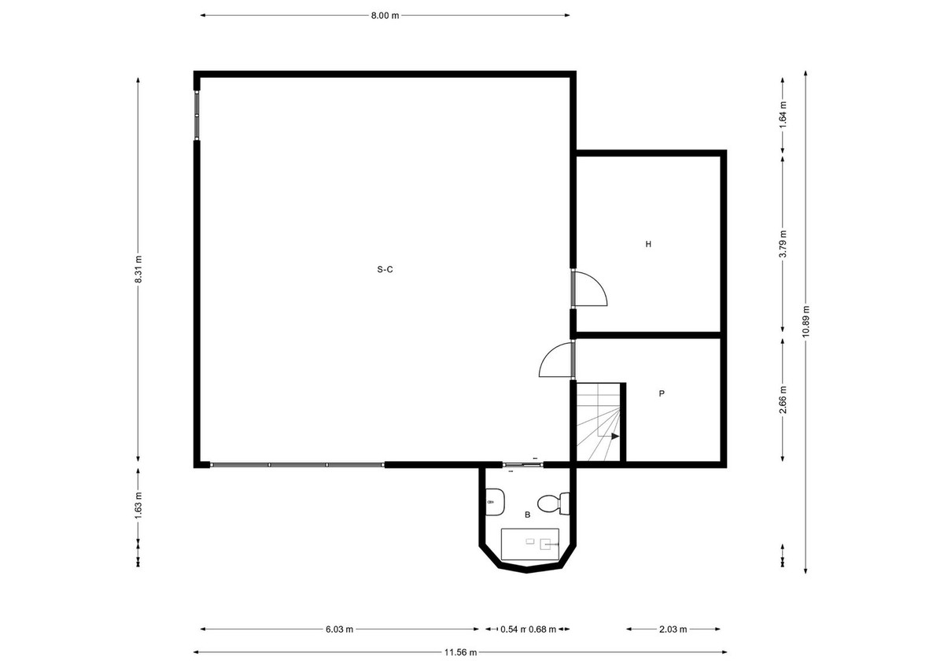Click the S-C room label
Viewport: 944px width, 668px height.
385,270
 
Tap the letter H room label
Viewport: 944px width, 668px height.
648,245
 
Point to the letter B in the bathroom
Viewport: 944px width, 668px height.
527,515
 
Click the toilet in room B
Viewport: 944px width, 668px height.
551,501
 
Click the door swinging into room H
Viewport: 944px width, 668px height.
590,288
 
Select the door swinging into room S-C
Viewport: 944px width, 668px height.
556,361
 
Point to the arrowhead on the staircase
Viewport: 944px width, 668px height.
615,436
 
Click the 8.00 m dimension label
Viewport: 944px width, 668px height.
385,15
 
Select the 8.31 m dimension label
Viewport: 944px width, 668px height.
138,269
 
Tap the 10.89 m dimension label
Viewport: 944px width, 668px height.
805,320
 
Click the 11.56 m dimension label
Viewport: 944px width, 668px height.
460,652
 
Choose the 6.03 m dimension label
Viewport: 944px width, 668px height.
339,629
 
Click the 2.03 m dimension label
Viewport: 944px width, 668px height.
673,629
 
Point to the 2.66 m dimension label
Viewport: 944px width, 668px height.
782,400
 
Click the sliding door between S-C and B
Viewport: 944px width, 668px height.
522,464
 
